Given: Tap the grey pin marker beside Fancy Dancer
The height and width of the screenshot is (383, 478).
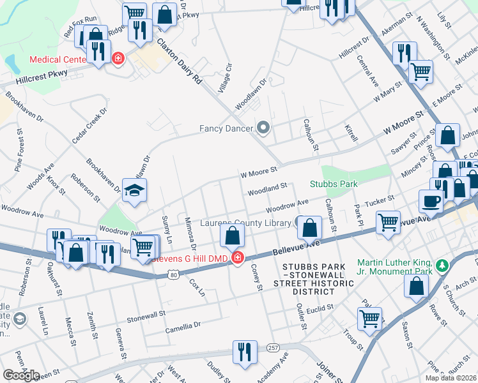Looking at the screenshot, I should coord(263,128).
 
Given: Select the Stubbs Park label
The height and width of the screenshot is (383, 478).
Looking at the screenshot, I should coord(333,184).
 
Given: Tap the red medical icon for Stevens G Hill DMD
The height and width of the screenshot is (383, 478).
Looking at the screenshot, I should coord(238,258).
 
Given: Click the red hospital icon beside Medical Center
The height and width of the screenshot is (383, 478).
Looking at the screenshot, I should coord(118,59).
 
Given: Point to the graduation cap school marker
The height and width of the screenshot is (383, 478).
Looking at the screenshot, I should coord(134,191).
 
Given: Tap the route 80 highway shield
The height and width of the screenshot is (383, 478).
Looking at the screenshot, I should coord(174,275).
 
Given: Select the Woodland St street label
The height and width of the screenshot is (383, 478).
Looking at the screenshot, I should coord(266,188).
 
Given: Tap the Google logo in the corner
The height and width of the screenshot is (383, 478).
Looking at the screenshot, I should coord(21,375).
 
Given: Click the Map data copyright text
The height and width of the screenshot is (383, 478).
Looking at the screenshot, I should coord(450,378).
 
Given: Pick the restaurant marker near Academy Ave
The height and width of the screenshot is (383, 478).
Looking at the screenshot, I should coord(244,352).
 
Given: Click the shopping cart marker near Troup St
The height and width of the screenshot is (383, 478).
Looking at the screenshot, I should coord(370,319).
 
